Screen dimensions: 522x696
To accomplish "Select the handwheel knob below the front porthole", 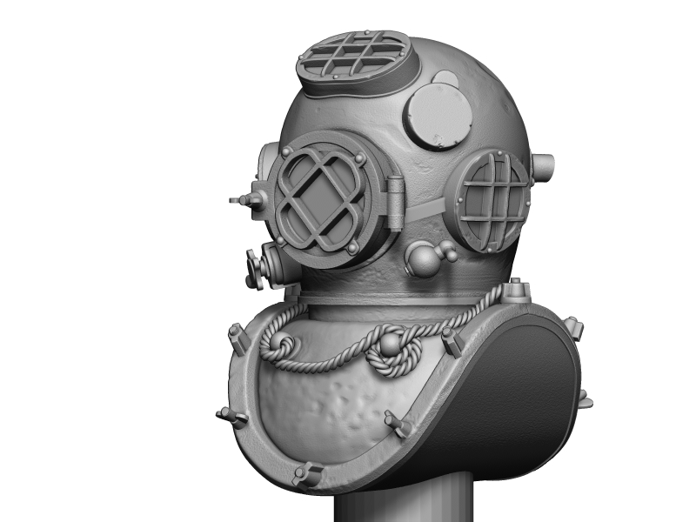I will point(255,268).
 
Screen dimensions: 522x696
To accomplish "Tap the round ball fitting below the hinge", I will point(424,258).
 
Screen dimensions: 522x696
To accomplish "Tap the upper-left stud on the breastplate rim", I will point(236,334).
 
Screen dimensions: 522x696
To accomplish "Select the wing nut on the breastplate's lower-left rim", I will point(232,418).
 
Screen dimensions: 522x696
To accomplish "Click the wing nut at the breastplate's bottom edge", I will point(305,474).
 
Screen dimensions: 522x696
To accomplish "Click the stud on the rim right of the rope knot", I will point(452,341).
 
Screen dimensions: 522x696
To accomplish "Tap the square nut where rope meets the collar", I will point(516,290).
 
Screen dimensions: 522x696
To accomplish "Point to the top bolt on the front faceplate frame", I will point(359,159).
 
